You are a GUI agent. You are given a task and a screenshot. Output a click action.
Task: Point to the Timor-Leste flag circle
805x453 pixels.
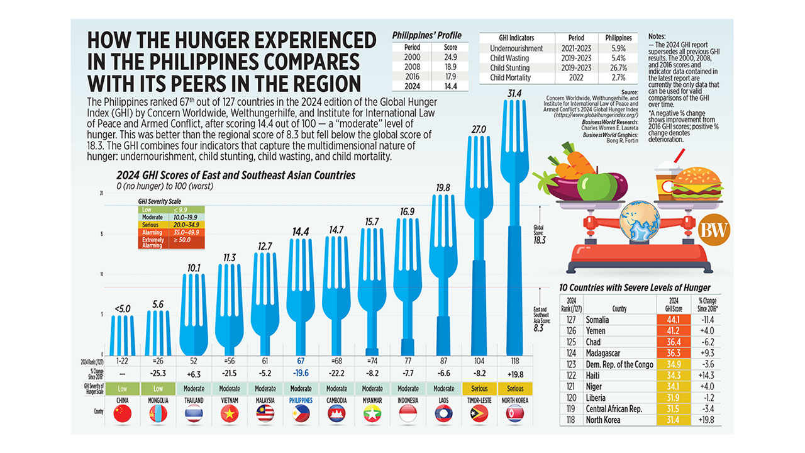pos(479,414)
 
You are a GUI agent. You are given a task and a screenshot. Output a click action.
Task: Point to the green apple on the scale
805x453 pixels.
pos(597,186)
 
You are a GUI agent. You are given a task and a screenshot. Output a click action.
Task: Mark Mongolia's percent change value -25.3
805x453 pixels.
pos(158,373)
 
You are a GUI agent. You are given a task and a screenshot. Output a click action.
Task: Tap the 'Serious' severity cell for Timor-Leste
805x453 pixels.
pos(479,388)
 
